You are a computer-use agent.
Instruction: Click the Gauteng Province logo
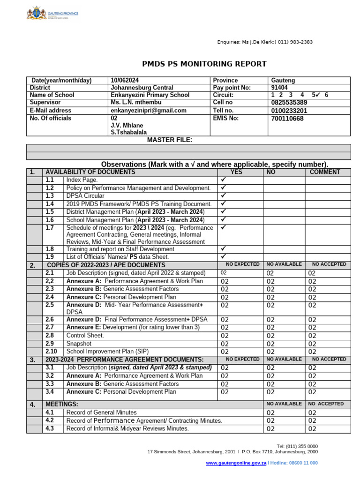pyautogui.click(x=52, y=14)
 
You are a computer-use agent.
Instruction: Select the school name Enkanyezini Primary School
pyautogui.click(x=150, y=95)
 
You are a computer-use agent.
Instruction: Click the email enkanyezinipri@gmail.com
pyautogui.click(x=149, y=110)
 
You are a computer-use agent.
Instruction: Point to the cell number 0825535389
pyautogui.click(x=289, y=102)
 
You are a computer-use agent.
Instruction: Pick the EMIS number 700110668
pyautogui.click(x=287, y=118)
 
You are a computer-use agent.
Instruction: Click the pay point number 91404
pyautogui.click(x=280, y=87)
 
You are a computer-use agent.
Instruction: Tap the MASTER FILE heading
pyautogui.click(x=169, y=140)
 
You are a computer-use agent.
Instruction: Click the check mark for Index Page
pyautogui.click(x=224, y=180)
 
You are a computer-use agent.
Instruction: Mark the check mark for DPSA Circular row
pyautogui.click(x=224, y=195)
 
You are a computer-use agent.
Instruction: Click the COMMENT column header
pyautogui.click(x=325, y=172)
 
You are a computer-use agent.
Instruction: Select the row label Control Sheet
pyautogui.click(x=85, y=336)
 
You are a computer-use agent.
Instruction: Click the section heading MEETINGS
pyautogui.click(x=62, y=404)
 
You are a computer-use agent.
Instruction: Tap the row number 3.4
pyautogui.click(x=50, y=391)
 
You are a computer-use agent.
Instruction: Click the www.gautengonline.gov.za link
pyautogui.click(x=236, y=463)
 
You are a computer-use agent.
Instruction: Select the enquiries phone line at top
pyautogui.click(x=265, y=42)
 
